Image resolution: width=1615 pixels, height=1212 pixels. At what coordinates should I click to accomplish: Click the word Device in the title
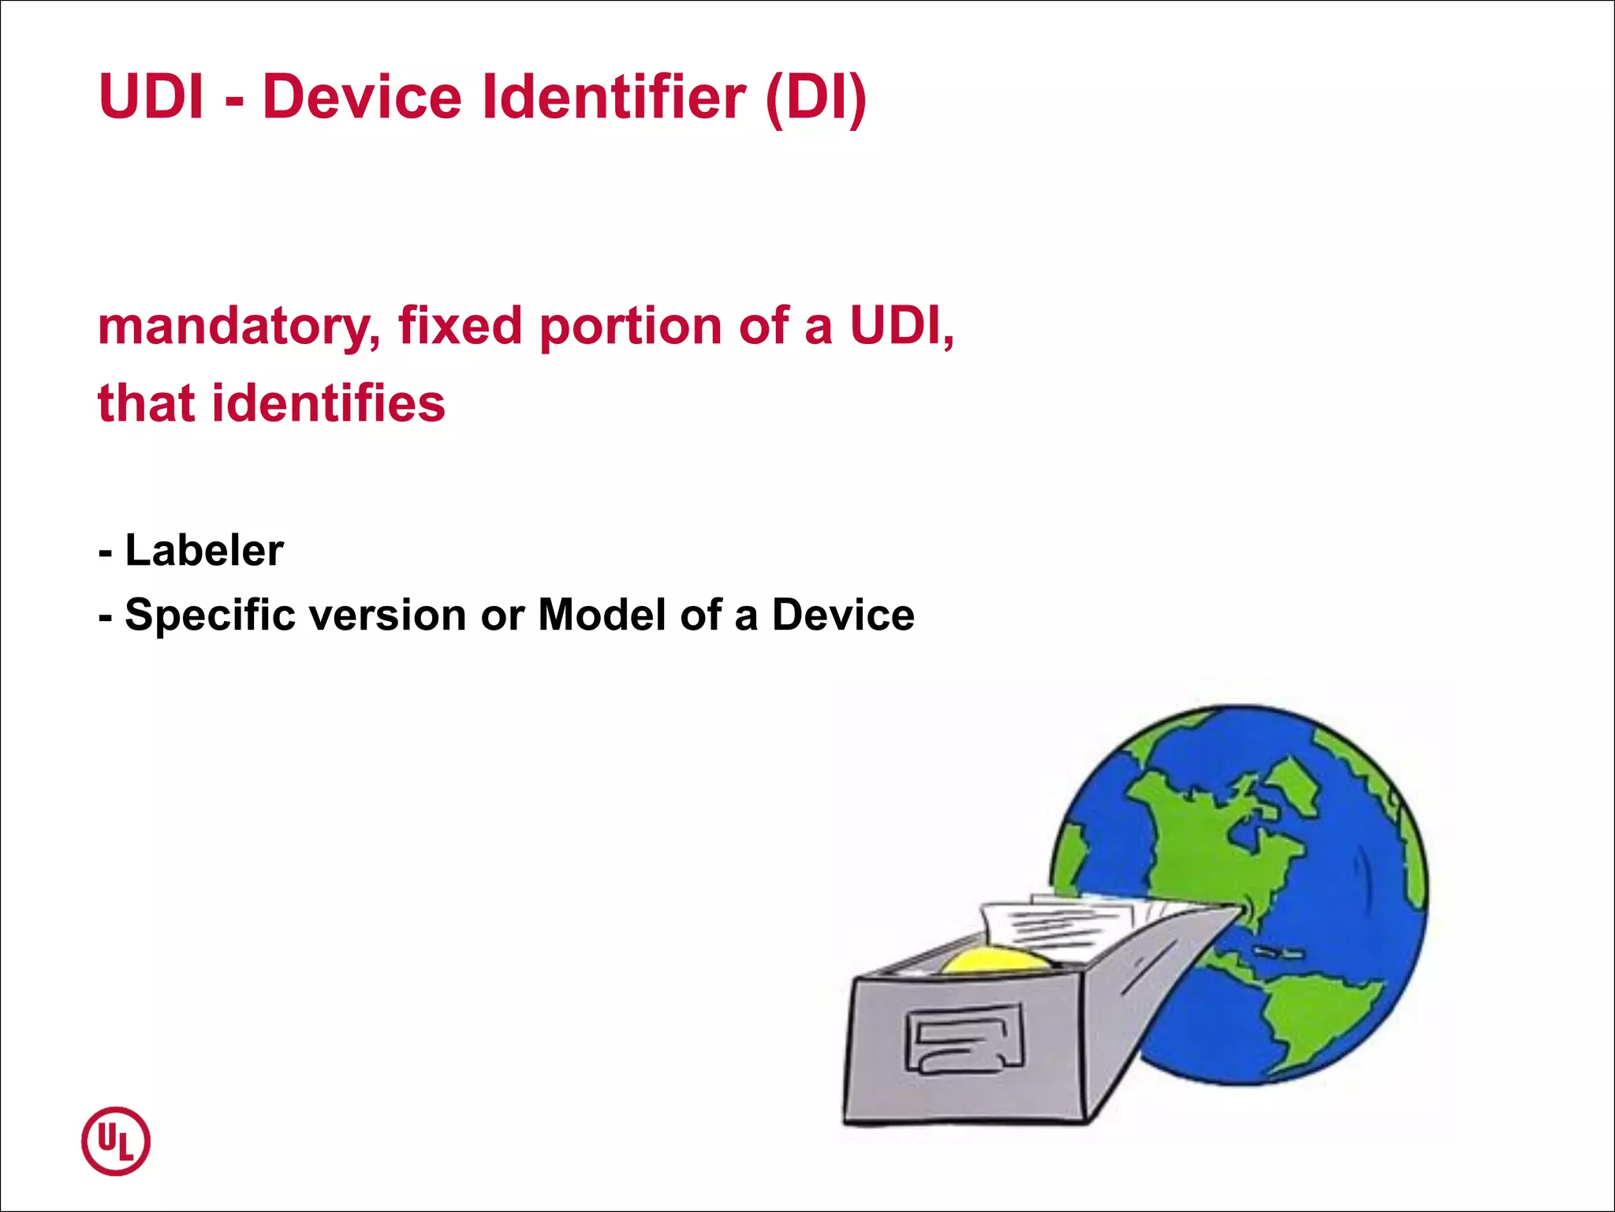(x=362, y=98)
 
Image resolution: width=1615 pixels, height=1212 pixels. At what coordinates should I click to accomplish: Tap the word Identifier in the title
(x=614, y=98)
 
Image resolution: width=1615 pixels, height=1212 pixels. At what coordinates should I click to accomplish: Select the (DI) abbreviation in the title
(x=816, y=98)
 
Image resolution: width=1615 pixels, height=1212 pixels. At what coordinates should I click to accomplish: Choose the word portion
(x=630, y=327)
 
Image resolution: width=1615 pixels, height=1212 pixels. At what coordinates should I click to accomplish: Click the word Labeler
(x=204, y=550)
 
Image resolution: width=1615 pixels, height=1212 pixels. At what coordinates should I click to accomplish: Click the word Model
(x=602, y=615)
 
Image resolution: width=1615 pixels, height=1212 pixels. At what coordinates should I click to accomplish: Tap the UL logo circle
(x=116, y=1141)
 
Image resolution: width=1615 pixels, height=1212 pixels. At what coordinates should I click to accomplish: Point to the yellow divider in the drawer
(x=995, y=960)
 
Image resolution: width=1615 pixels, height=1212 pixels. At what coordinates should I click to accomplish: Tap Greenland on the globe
(x=1293, y=781)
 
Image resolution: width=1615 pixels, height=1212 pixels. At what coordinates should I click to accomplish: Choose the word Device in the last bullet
(x=843, y=615)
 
